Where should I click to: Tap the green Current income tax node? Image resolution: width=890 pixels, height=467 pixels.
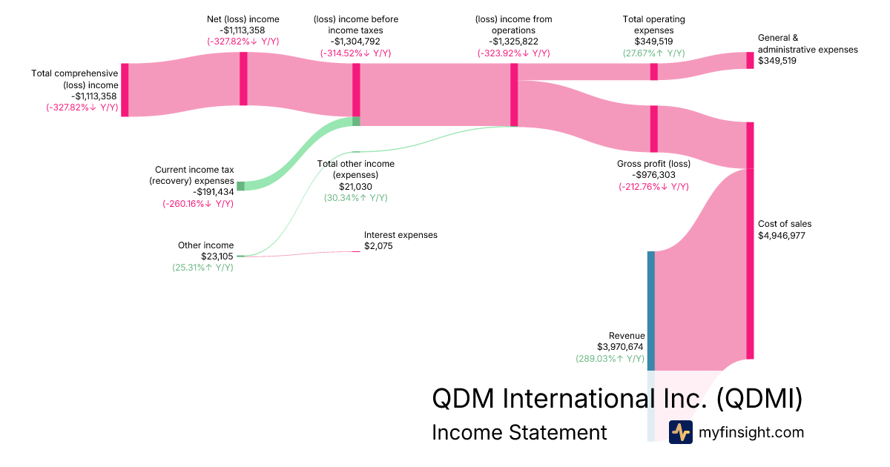coord(240,186)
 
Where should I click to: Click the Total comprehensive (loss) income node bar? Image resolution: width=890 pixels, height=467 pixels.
coord(125,90)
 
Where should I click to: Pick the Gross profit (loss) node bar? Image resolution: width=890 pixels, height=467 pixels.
coord(653,128)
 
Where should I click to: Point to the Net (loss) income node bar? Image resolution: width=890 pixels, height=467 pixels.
coord(243,79)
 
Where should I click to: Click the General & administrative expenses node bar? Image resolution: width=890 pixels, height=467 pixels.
coord(750,60)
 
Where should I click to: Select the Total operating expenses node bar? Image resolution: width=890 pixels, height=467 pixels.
coord(653,71)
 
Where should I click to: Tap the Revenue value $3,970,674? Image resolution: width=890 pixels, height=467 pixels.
coord(620,346)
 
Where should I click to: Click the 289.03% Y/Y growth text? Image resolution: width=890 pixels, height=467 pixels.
coord(610,358)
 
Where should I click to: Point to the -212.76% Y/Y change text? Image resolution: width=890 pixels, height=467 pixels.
coord(653,187)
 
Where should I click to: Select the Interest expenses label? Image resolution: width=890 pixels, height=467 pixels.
coord(400,235)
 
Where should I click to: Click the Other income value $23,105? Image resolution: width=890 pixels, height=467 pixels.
coord(217,256)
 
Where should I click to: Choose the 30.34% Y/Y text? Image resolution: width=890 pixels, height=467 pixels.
coord(355,198)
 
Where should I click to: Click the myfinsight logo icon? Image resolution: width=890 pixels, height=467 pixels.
coord(681,432)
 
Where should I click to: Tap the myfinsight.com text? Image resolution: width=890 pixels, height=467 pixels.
coord(751,432)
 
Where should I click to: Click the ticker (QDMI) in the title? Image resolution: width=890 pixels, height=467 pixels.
coord(760,398)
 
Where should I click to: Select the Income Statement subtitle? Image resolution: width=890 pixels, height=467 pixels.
coord(519,432)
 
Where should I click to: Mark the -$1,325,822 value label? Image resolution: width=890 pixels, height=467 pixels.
coord(513,42)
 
